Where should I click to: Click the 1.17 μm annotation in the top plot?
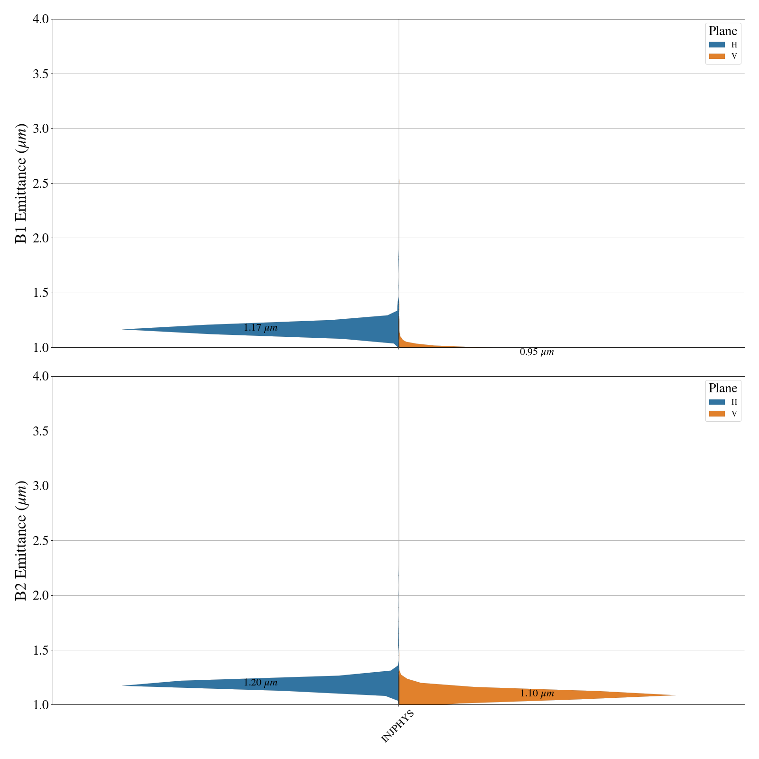click(260, 328)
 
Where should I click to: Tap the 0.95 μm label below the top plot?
click(537, 352)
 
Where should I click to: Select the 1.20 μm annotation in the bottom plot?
click(260, 683)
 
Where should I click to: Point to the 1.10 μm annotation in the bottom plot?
click(537, 694)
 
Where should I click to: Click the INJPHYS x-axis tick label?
click(398, 726)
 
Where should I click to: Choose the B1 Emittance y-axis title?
click(21, 183)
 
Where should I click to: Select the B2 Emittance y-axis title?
click(21, 540)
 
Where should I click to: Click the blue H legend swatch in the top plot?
click(717, 45)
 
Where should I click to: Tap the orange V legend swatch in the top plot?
click(717, 56)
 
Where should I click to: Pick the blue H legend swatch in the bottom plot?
click(717, 402)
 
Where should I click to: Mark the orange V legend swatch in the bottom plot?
click(717, 414)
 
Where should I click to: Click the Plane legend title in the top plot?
click(722, 31)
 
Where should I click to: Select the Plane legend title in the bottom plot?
click(722, 389)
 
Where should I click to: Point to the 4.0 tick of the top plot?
click(40, 19)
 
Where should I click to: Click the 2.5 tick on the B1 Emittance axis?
click(40, 184)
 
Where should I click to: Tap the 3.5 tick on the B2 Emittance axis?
click(40, 431)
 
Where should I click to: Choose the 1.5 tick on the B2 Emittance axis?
click(40, 650)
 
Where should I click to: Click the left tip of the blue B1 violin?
click(122, 329)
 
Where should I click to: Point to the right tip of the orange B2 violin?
click(675, 695)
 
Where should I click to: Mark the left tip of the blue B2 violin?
click(122, 685)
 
